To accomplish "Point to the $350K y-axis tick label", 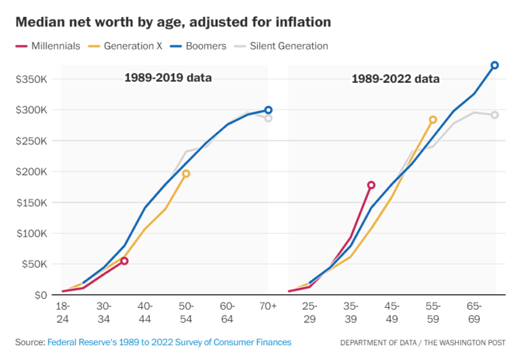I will coord(32,79).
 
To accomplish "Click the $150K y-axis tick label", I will coord(32,203).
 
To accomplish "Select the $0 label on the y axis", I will coord(40,295).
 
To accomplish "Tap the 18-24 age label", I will coord(62,313).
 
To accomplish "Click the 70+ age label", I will coord(268,306).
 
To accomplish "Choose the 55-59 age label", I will coord(433,313).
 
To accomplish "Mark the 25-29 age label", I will coord(309,313).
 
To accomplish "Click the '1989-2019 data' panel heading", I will coord(168,77).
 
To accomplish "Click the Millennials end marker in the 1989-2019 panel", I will coord(124,261).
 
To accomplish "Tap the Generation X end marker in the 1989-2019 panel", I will coord(186,174).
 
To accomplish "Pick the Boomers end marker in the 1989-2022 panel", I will coord(495,65).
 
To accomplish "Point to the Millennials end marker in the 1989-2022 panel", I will coord(371,185).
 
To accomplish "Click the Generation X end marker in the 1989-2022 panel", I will coord(433,120).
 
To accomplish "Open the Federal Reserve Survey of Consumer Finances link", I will coord(169,342).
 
